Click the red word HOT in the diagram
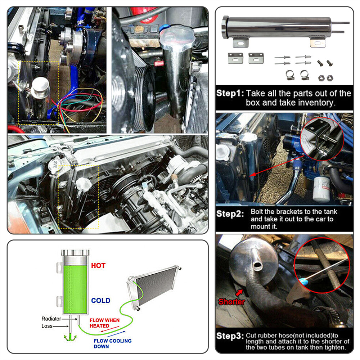point(98,266)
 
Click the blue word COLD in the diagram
point(100,301)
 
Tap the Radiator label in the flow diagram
point(51,319)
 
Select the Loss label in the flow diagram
point(47,326)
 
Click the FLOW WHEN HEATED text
point(104,323)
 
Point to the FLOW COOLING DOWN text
point(112,343)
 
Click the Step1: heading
point(230,93)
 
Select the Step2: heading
point(230,214)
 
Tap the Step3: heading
point(230,336)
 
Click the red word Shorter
point(231,302)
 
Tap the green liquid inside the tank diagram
point(75,289)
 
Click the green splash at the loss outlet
point(70,337)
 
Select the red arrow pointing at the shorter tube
point(239,293)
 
